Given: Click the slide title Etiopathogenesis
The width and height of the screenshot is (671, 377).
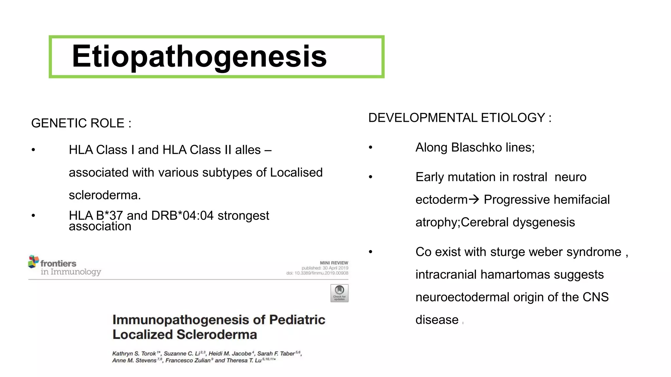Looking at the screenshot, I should pyautogui.click(x=199, y=57).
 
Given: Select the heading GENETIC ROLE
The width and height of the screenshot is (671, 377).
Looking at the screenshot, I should pyautogui.click(x=81, y=123).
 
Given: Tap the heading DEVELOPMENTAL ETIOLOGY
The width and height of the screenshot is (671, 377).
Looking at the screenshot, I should pyautogui.click(x=460, y=118).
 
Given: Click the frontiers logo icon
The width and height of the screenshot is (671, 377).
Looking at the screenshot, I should pyautogui.click(x=33, y=262).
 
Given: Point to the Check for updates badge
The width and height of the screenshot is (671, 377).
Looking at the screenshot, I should pyautogui.click(x=339, y=293).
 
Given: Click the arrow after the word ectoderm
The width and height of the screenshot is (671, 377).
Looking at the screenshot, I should pyautogui.click(x=474, y=199).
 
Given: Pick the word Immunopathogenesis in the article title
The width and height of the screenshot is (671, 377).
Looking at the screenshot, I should pyautogui.click(x=181, y=320).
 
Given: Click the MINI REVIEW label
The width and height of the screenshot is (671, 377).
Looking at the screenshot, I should pyautogui.click(x=334, y=263).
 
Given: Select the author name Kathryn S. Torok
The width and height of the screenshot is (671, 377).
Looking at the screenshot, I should pyautogui.click(x=134, y=354).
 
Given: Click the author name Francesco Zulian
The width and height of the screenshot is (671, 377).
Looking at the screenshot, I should pyautogui.click(x=188, y=361).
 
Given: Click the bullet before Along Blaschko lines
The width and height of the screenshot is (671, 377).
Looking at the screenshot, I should pyautogui.click(x=371, y=148).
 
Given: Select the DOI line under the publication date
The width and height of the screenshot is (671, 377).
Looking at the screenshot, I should pyautogui.click(x=317, y=273).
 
